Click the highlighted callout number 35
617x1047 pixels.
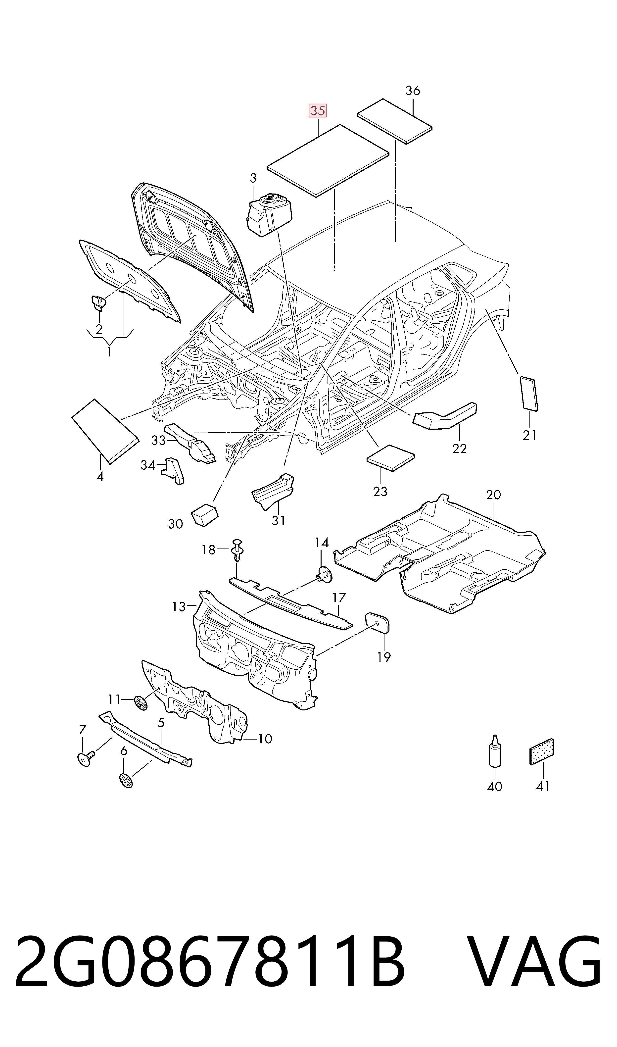click(x=317, y=111)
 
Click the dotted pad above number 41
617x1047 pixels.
click(x=542, y=751)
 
